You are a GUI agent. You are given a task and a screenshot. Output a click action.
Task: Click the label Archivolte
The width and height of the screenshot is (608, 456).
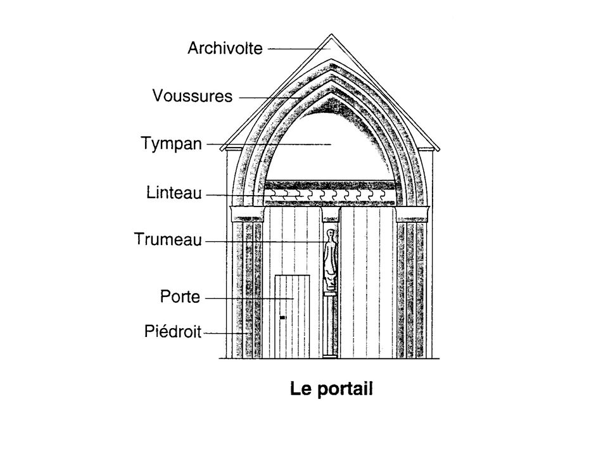tap(224, 48)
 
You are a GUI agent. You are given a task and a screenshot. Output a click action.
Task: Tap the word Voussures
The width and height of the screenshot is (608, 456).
tap(193, 96)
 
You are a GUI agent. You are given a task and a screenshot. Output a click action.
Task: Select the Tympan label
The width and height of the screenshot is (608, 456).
tap(170, 144)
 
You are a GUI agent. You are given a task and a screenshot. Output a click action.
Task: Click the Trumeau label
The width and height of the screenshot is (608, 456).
tap(168, 239)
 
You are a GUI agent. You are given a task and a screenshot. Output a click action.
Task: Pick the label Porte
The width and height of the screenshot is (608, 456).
tap(180, 296)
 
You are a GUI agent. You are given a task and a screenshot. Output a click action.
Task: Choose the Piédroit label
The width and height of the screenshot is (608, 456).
tap(173, 331)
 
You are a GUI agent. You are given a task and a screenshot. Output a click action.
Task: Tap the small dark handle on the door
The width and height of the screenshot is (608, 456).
tap(282, 316)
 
